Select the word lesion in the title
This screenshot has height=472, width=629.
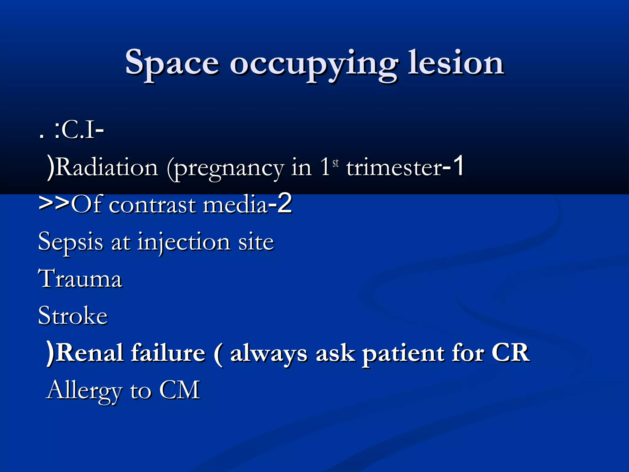tap(455, 63)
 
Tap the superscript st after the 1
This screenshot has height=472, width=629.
tap(335, 163)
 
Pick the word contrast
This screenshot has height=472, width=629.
tap(152, 205)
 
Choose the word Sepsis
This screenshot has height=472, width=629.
tap(71, 242)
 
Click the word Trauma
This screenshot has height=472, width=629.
tap(80, 279)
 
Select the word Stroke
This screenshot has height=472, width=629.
tap(73, 316)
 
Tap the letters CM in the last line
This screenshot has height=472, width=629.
tap(180, 390)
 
